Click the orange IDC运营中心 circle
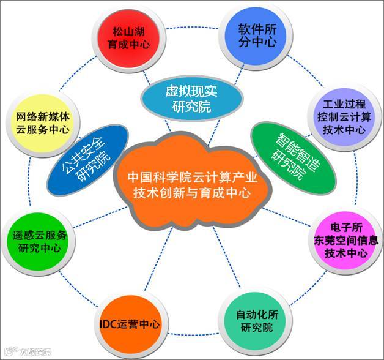130,324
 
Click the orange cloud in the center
191,183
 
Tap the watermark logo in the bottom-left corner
27,351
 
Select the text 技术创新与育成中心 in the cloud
191,192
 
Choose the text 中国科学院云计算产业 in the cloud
192,176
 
